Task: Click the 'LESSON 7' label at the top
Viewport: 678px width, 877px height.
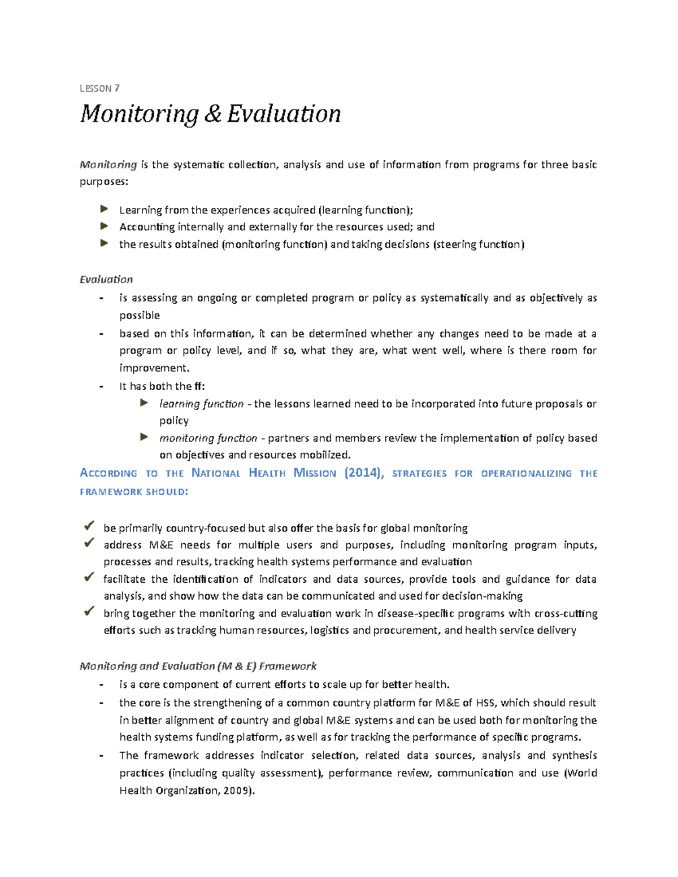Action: click(x=99, y=88)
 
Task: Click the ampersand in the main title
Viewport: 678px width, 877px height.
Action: click(x=213, y=114)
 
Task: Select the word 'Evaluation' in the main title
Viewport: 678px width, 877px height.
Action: click(x=284, y=114)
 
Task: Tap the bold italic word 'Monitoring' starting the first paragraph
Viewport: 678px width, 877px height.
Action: click(x=108, y=164)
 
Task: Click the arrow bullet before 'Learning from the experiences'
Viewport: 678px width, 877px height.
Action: click(x=104, y=210)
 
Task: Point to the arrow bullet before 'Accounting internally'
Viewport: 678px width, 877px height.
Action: click(x=104, y=226)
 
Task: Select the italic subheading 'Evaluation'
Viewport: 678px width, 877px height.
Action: click(x=106, y=280)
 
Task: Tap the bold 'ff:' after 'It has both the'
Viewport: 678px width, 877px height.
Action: click(x=199, y=387)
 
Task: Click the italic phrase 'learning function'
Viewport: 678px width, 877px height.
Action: click(x=201, y=404)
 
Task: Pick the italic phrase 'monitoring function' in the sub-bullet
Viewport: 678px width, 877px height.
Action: click(x=208, y=438)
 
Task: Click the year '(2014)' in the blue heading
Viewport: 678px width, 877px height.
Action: click(x=364, y=473)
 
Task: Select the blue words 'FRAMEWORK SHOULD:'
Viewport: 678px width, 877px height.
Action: click(x=134, y=492)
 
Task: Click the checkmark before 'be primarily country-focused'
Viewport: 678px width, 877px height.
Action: click(x=89, y=526)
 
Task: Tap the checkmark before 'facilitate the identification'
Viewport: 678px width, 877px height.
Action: click(x=89, y=577)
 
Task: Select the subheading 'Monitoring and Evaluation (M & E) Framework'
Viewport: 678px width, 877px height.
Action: click(x=198, y=666)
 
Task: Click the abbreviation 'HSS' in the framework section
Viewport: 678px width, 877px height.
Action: click(x=485, y=703)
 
